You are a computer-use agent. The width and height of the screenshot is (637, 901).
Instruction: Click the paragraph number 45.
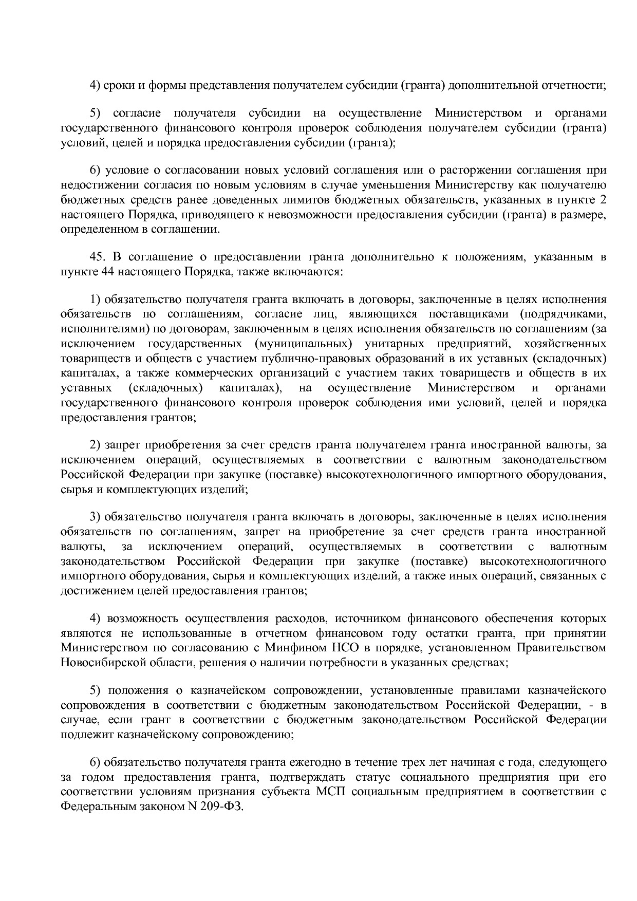coord(98,257)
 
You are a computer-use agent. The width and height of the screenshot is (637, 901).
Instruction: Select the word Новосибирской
coord(95,663)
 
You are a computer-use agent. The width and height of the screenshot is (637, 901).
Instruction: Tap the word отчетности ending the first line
coord(575,85)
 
